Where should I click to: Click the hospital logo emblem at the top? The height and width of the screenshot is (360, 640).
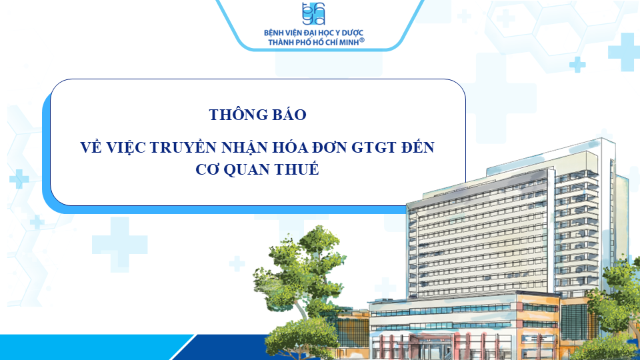[x=313, y=13]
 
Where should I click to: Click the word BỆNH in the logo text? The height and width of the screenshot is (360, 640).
[x=273, y=33]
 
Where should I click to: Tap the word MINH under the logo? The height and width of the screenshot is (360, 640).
[x=348, y=43]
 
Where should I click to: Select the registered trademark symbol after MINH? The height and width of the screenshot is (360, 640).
[x=361, y=40]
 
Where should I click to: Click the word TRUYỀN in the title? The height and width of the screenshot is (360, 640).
[x=184, y=147]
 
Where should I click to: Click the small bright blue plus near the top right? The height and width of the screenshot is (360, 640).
[x=577, y=65]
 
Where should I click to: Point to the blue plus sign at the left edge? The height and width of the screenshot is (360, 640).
[x=19, y=179]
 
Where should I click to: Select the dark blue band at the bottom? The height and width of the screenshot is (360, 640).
[x=229, y=347]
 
